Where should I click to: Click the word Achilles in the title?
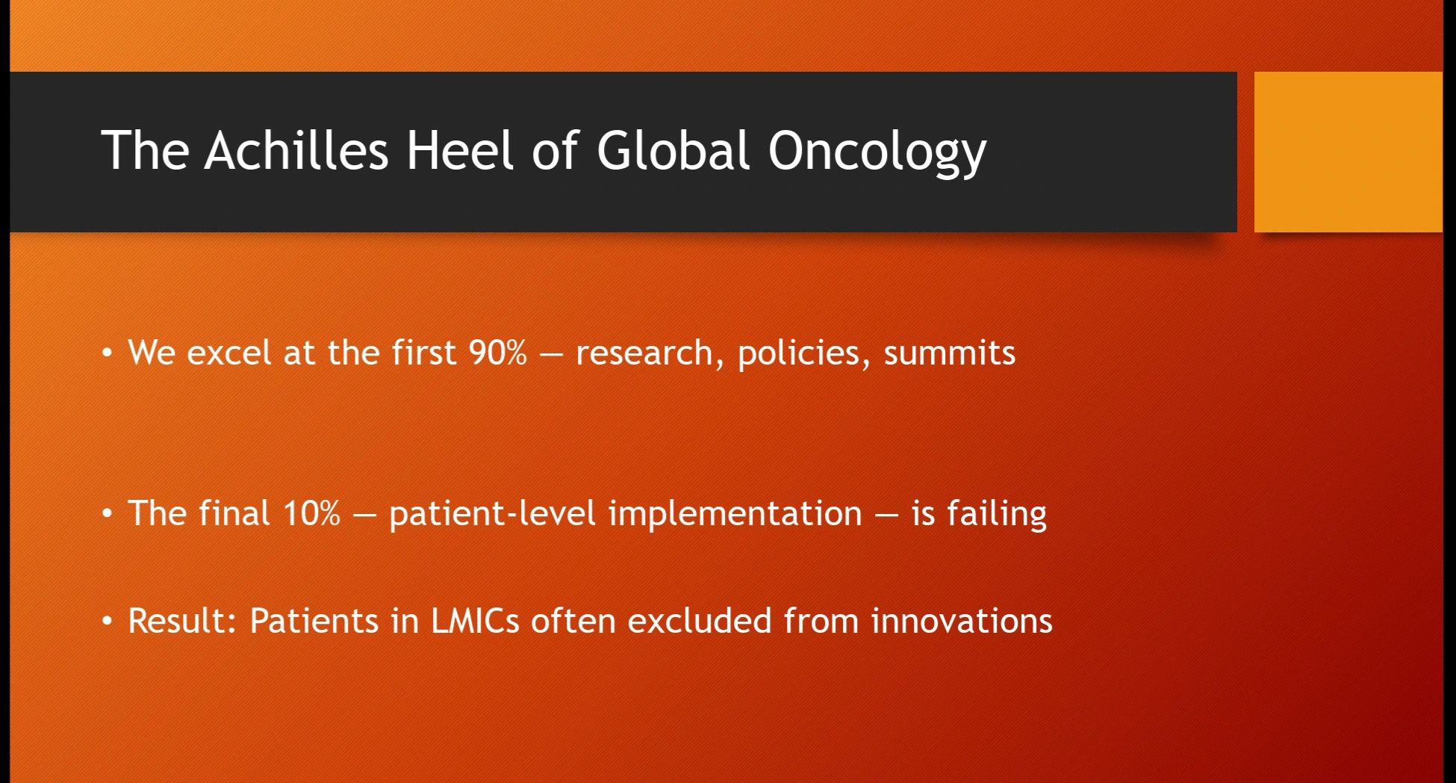pyautogui.click(x=296, y=150)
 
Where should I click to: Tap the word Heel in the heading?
pyautogui.click(x=461, y=150)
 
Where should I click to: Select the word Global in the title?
pyautogui.click(x=673, y=150)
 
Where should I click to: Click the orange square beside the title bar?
pyautogui.click(x=1348, y=152)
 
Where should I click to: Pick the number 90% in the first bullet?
pyautogui.click(x=498, y=353)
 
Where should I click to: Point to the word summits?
pyautogui.click(x=950, y=353)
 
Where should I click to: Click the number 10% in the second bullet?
pyautogui.click(x=311, y=513)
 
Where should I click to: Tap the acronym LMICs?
pyautogui.click(x=475, y=621)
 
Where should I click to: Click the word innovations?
pyautogui.click(x=962, y=621)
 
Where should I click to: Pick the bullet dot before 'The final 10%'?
pyautogui.click(x=108, y=513)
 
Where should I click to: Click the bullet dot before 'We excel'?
pyautogui.click(x=108, y=353)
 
